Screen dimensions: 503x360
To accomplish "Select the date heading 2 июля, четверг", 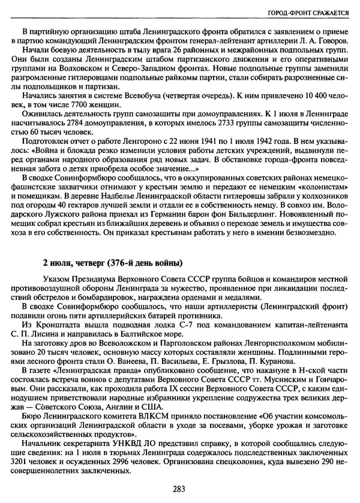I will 111,263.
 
